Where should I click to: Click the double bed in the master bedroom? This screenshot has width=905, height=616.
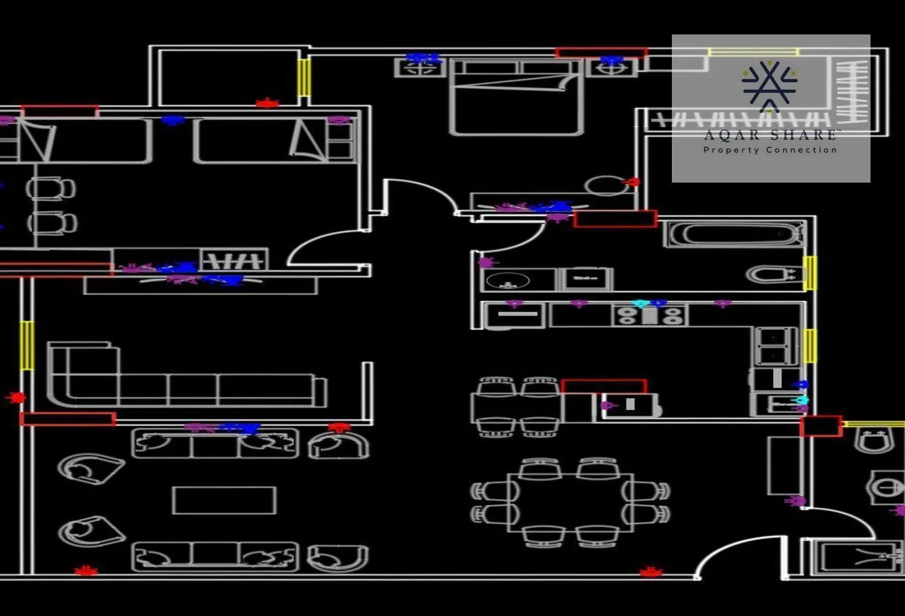[x=516, y=98]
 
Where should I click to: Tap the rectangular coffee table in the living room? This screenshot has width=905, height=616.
[x=225, y=500]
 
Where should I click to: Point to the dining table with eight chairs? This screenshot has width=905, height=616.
[x=570, y=502]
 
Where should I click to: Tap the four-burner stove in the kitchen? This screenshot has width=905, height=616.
[x=649, y=316]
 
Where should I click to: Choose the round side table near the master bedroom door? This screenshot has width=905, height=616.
[x=606, y=185]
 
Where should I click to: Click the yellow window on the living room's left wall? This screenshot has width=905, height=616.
[x=27, y=345]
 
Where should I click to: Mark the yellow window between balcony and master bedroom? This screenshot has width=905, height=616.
[x=304, y=77]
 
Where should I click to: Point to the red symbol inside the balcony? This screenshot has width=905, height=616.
[x=267, y=103]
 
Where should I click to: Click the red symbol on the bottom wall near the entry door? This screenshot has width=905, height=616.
[x=651, y=572]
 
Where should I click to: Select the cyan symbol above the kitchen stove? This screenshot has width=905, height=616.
[x=641, y=304]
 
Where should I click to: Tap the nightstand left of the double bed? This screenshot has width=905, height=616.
[x=420, y=68]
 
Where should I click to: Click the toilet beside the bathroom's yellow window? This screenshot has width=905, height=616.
[x=775, y=275]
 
